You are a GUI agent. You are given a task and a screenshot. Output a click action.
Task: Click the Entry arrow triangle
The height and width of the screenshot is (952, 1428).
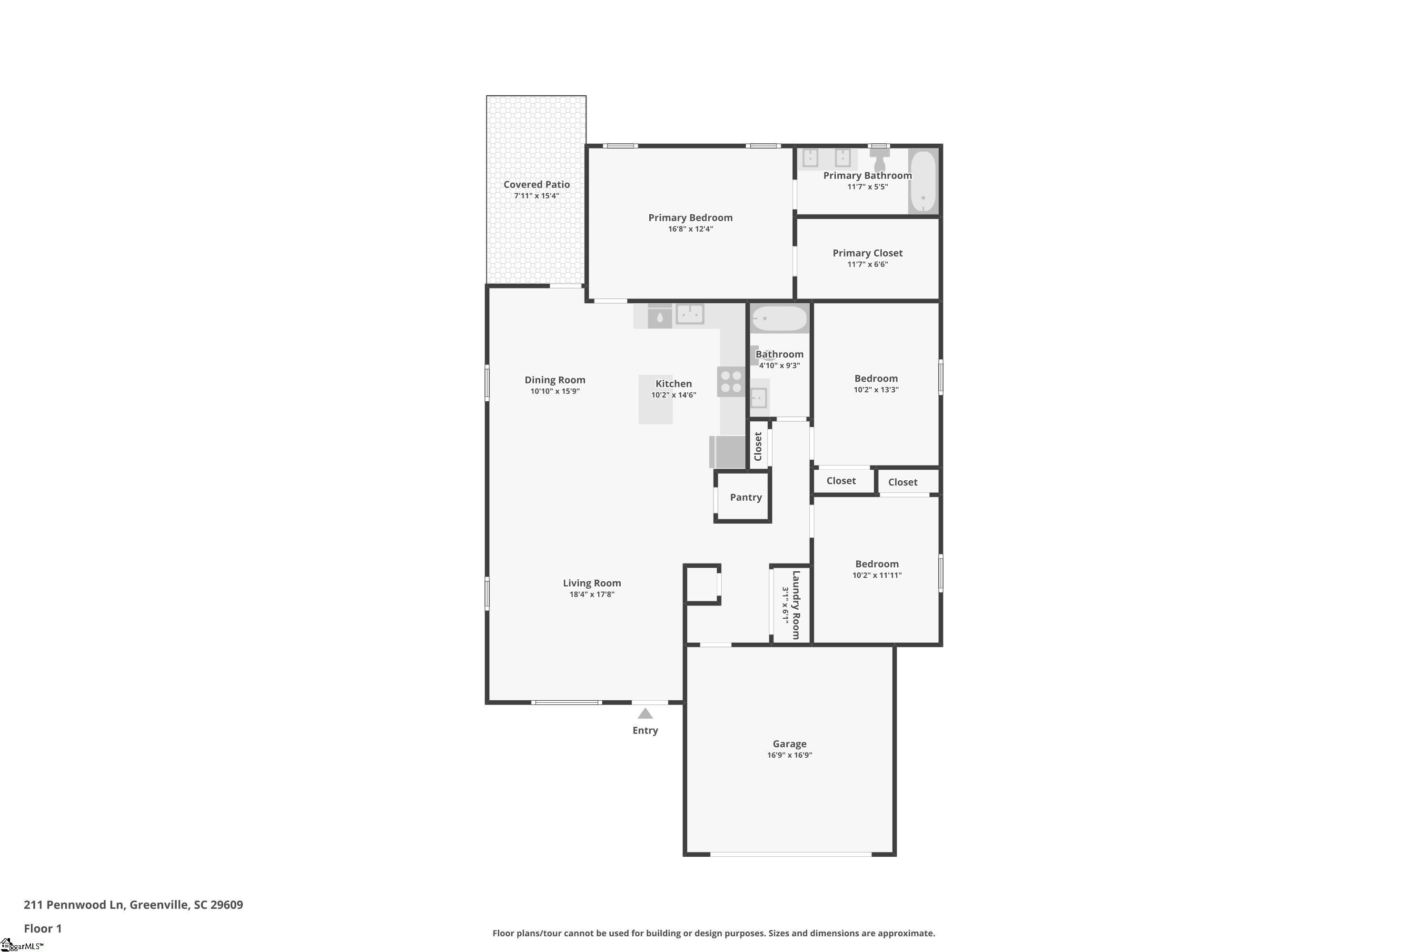[x=645, y=714]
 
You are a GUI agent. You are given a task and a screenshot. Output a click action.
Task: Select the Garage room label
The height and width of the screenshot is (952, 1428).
[x=789, y=744]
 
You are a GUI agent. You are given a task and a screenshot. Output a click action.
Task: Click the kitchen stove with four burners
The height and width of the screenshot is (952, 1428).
[x=731, y=381]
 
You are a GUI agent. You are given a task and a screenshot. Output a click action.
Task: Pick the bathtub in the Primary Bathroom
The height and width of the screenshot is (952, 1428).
[x=923, y=181]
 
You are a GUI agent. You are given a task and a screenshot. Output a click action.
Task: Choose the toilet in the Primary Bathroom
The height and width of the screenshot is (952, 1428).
[x=879, y=159]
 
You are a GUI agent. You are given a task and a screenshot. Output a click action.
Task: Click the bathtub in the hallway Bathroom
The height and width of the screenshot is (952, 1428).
[x=780, y=318]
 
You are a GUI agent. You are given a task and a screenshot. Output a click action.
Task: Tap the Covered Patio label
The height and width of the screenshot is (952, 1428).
[x=537, y=185]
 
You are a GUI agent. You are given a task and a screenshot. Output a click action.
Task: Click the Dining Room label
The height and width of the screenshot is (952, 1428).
[x=555, y=380]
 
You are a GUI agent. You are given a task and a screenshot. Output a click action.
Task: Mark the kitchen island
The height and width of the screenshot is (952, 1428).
[x=656, y=399]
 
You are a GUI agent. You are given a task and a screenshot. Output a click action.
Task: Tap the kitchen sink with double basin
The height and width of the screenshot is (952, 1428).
[x=690, y=314]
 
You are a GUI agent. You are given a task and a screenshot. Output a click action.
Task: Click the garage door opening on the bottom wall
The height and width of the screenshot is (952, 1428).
[x=791, y=854]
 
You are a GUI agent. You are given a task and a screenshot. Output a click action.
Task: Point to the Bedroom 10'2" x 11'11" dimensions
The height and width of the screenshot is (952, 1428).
[x=877, y=575]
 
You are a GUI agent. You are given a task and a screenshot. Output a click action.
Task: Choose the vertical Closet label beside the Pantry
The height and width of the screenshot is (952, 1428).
[x=758, y=446]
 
